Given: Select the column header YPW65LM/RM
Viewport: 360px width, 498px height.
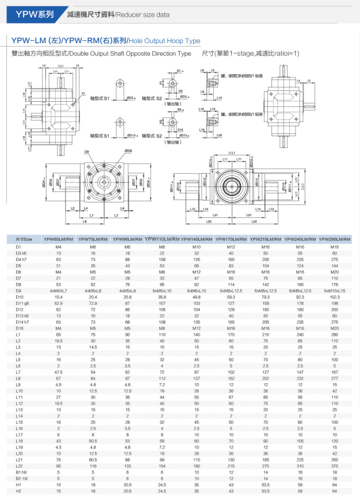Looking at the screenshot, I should tap(59, 239).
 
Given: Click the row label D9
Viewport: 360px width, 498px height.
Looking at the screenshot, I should tap(18, 291).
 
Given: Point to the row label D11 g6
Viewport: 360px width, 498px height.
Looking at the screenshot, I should tap(22, 302).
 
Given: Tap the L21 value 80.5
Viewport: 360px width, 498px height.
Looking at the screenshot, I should tap(93, 458).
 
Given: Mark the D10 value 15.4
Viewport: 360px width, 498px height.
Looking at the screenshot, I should tap(59, 297).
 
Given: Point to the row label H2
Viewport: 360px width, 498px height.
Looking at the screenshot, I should tap(18, 491).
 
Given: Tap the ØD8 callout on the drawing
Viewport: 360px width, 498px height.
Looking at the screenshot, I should tap(127, 151).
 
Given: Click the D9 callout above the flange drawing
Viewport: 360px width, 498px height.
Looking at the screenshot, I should tap(86, 151).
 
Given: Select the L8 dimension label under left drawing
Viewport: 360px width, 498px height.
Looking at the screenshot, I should tap(85, 221).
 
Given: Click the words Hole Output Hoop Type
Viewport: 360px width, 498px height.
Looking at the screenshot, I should tap(173, 41).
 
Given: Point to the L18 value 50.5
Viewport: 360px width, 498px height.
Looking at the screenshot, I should tap(93, 441).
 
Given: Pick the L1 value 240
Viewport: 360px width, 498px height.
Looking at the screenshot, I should tap(300, 334).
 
